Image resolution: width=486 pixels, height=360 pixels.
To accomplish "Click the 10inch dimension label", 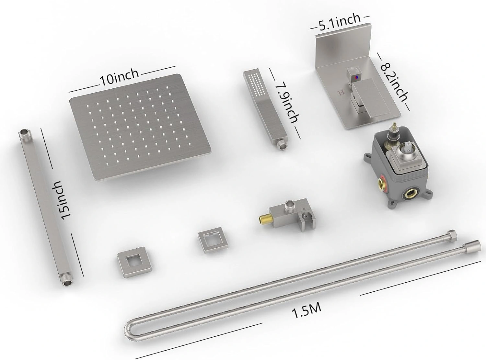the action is tap(120, 77).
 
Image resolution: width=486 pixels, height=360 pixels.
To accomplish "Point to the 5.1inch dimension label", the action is tap(340, 22).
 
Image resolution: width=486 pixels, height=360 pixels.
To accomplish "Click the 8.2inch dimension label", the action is tap(394, 82).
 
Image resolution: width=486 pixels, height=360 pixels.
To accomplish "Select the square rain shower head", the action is tap(140, 127).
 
